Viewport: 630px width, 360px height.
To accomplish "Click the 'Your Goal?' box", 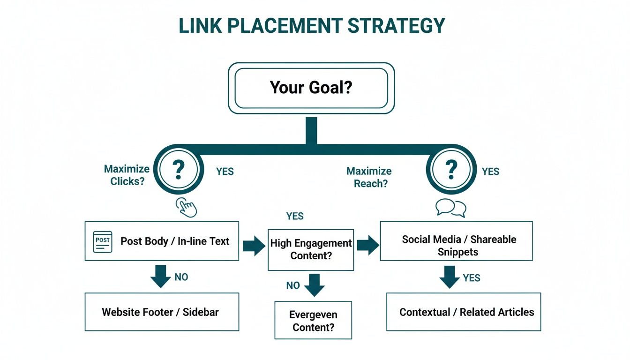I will tap(311, 88).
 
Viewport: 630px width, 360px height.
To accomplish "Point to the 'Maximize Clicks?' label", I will tap(127, 175).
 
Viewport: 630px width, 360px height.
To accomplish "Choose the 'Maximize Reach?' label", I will tap(369, 177).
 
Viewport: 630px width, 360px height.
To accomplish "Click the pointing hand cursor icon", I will tap(186, 207).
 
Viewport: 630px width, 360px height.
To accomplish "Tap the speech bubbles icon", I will tap(451, 208).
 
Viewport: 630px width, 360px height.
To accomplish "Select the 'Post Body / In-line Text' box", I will tap(162, 241).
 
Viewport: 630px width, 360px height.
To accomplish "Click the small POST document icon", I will tap(103, 241).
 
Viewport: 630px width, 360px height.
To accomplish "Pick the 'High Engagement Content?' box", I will tap(311, 249).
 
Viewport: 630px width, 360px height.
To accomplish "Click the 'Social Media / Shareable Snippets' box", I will tap(456, 241).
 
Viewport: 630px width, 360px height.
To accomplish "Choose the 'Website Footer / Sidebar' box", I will tap(162, 312).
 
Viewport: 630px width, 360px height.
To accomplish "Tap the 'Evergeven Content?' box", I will tap(313, 320).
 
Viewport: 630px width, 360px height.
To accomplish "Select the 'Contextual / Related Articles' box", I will tap(464, 312).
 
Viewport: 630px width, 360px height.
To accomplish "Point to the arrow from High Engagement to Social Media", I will tap(367, 245).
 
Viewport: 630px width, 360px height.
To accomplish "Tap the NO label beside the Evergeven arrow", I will tap(293, 285).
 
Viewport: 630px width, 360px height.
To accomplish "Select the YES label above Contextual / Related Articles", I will tap(471, 278).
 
